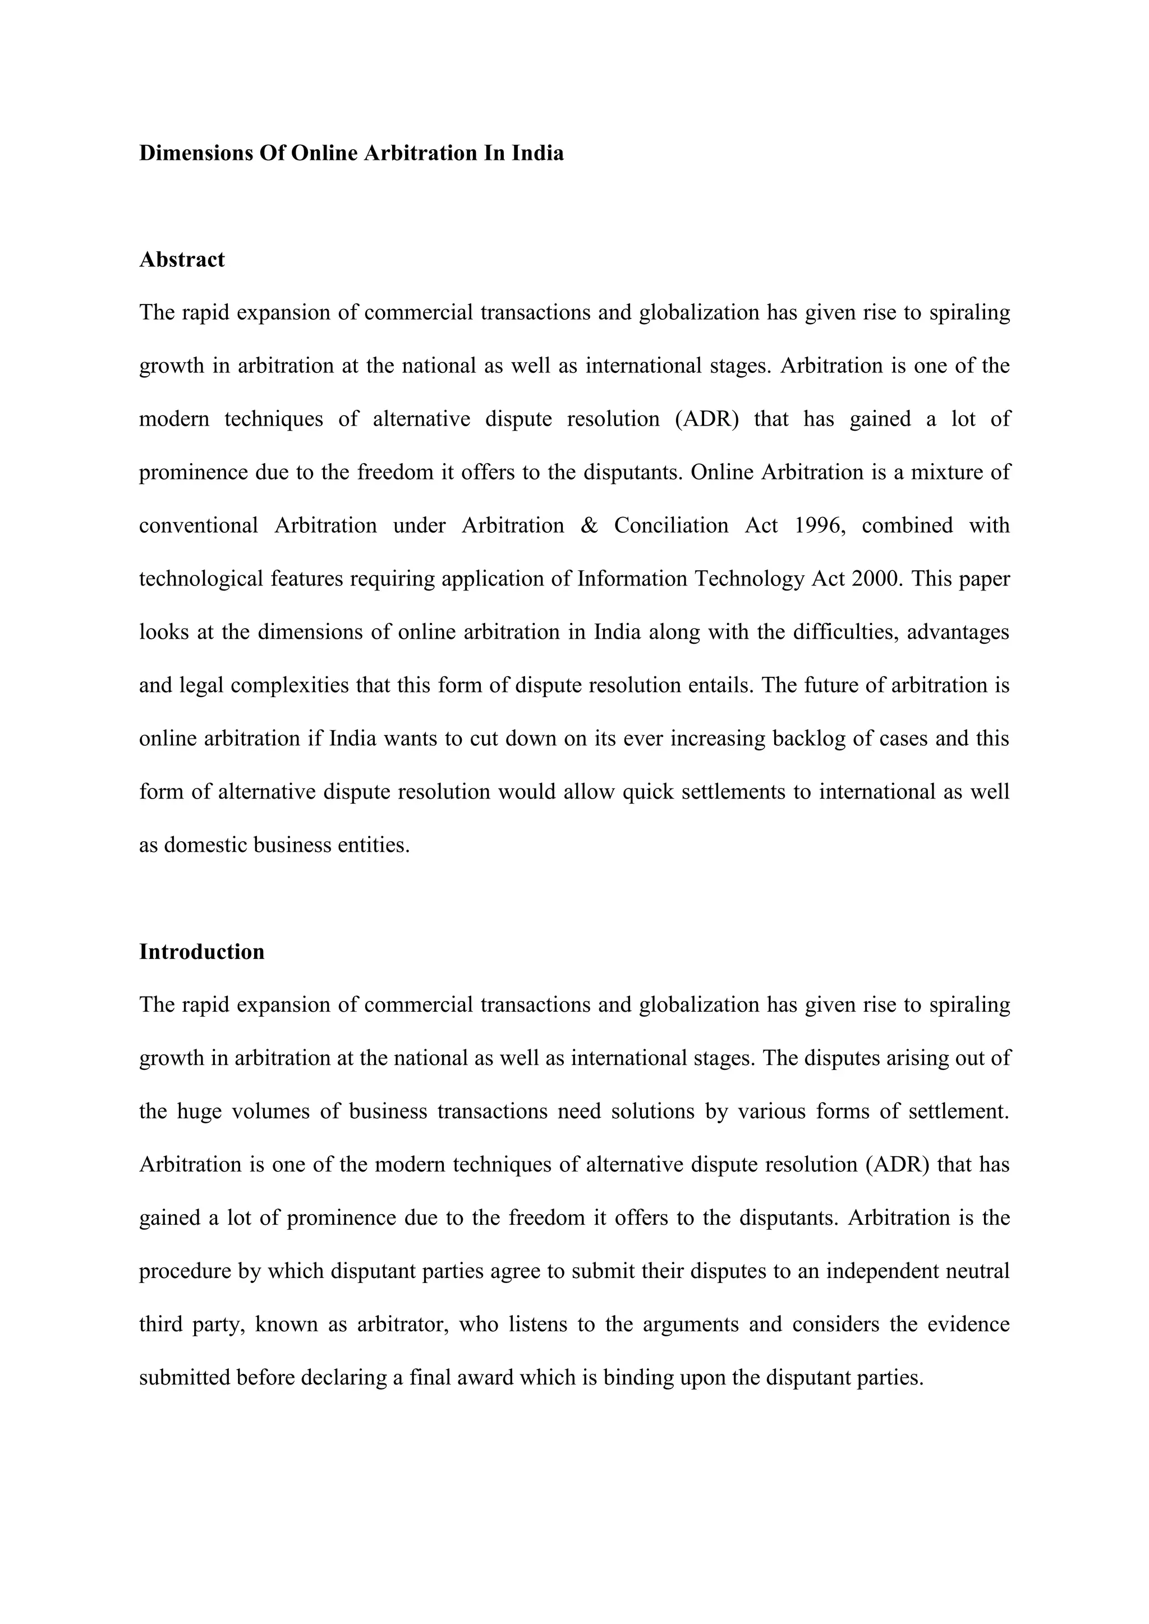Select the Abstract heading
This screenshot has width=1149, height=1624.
182,260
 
